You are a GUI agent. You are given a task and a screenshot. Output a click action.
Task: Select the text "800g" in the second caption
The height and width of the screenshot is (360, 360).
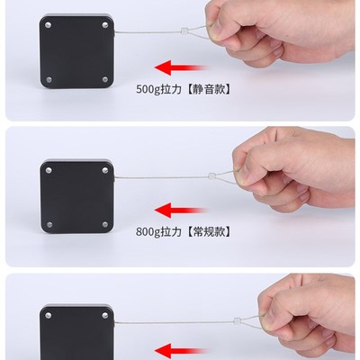tap(148, 229)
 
